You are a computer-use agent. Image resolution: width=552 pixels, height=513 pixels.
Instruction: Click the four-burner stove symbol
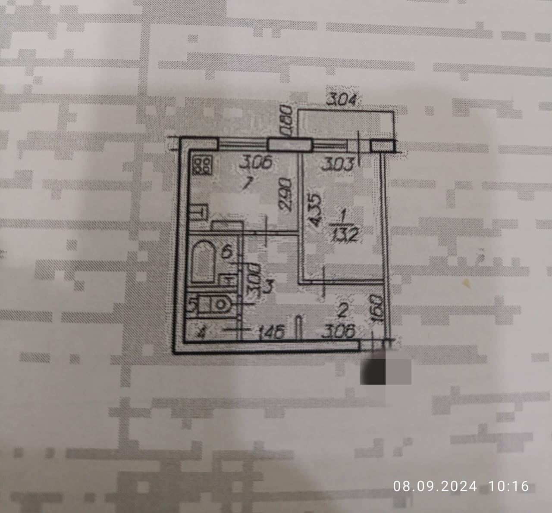[x=202, y=164]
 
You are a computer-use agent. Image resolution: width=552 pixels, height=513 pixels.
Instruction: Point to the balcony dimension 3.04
[x=342, y=100]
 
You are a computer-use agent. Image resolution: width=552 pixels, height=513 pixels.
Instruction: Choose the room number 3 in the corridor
[x=268, y=286]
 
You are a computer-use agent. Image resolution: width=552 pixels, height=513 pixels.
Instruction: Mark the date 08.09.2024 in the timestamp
[x=435, y=486]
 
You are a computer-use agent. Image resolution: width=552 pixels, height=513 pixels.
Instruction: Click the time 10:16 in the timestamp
[x=508, y=486]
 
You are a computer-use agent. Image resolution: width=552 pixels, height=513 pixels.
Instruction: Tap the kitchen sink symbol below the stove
[x=199, y=212]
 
